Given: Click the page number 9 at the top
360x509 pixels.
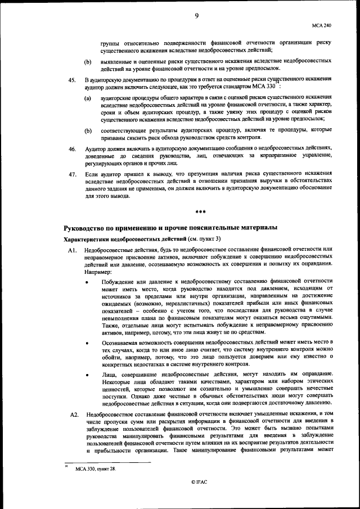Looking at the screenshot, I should coord(197,16).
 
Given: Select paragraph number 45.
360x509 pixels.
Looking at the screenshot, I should coord(72,80).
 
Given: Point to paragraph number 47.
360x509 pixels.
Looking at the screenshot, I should coord(72,175).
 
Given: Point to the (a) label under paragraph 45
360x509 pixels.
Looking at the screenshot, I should coord(88,98).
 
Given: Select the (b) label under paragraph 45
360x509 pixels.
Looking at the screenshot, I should coord(88,131).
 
